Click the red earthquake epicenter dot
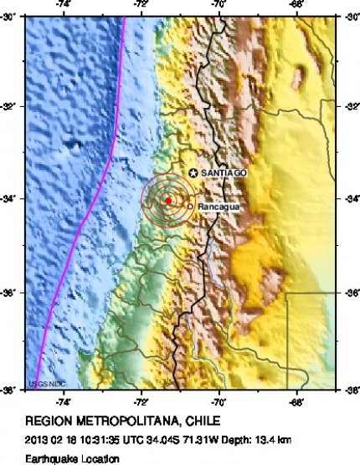click(x=168, y=201)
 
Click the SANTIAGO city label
click(x=224, y=172)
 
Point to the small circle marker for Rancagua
click(x=191, y=206)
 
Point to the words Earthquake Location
click(x=60, y=458)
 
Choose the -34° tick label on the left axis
click(x=12, y=199)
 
